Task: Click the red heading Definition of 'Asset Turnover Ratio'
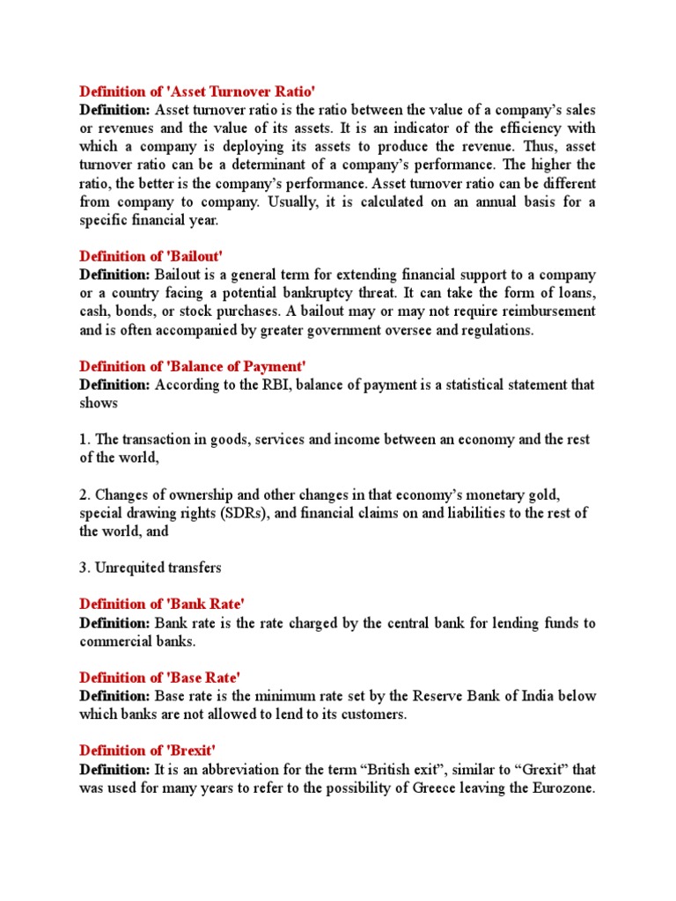coord(197,91)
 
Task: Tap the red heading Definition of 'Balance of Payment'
coord(193,366)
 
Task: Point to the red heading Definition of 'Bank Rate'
coord(161,604)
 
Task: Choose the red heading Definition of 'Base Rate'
coord(159,677)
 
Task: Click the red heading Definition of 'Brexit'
coord(147,750)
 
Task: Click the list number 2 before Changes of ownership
coord(84,494)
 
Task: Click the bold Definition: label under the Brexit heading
coord(114,769)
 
